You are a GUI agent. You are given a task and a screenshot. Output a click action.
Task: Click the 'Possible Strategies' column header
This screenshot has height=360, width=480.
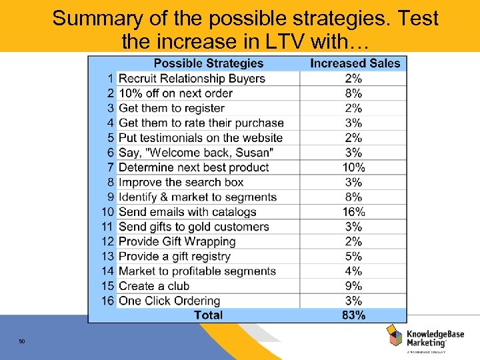click(208, 63)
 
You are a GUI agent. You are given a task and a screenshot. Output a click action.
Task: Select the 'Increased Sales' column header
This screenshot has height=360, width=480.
click(355, 63)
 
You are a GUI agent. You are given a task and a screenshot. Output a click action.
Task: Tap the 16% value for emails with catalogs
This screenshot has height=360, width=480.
click(353, 212)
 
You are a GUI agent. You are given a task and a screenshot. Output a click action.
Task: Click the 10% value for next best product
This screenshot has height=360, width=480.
click(353, 167)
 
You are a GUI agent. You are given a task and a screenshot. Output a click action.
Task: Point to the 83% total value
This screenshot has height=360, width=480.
click(353, 315)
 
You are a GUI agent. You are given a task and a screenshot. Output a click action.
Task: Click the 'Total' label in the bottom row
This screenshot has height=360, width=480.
click(208, 315)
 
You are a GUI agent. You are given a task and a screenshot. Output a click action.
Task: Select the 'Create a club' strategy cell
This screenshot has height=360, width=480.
click(154, 286)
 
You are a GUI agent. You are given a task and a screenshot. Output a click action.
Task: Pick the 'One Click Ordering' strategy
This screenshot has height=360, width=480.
click(169, 301)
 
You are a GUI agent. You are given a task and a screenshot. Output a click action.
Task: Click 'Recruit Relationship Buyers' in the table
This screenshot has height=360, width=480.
click(192, 79)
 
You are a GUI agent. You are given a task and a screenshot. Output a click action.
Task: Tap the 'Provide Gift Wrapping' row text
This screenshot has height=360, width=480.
click(177, 241)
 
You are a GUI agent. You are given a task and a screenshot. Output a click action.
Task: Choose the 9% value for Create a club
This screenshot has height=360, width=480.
click(353, 286)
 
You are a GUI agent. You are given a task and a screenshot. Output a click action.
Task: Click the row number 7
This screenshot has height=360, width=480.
click(111, 167)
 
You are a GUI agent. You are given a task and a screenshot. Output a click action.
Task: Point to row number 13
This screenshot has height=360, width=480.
click(108, 256)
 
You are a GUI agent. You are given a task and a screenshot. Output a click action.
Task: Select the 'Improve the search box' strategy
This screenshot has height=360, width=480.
click(181, 182)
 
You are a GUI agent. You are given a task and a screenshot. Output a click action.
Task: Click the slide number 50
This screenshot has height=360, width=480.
click(22, 342)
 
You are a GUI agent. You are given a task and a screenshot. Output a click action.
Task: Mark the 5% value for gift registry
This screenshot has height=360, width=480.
click(353, 256)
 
